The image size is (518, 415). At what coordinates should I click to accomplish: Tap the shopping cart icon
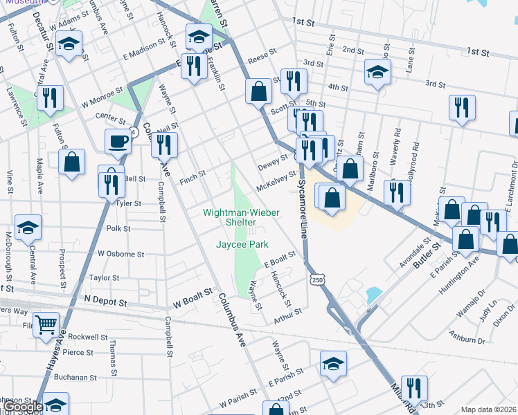[46, 323]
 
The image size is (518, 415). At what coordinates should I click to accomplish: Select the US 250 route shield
[316, 279]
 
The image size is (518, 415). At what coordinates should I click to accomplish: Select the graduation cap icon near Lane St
[377, 72]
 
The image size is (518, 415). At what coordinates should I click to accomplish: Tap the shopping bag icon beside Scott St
[258, 90]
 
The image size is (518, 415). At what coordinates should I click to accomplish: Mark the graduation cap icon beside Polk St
[28, 226]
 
